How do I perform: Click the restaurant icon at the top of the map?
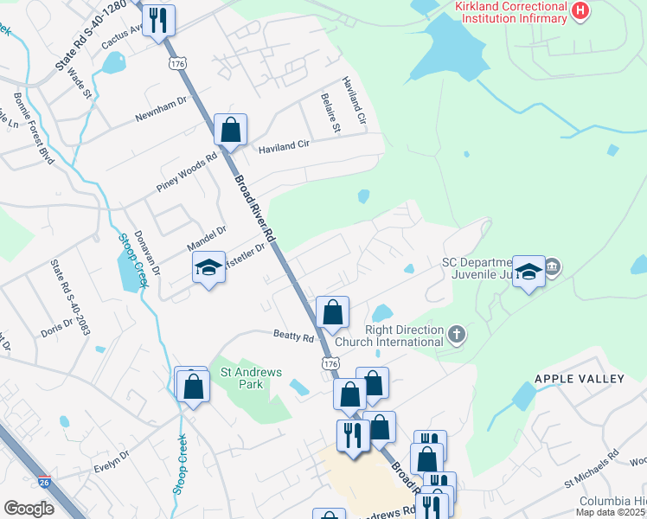tap(158, 20)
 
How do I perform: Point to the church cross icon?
tap(457, 333)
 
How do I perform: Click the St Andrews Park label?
tap(251, 378)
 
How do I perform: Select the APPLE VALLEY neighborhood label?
tap(579, 379)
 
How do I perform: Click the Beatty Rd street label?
tap(293, 336)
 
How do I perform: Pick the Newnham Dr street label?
tap(161, 109)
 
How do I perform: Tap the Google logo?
tap(29, 509)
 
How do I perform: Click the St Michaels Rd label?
tap(591, 467)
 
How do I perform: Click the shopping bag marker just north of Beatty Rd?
tap(332, 313)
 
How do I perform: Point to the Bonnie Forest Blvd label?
tap(33, 125)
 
